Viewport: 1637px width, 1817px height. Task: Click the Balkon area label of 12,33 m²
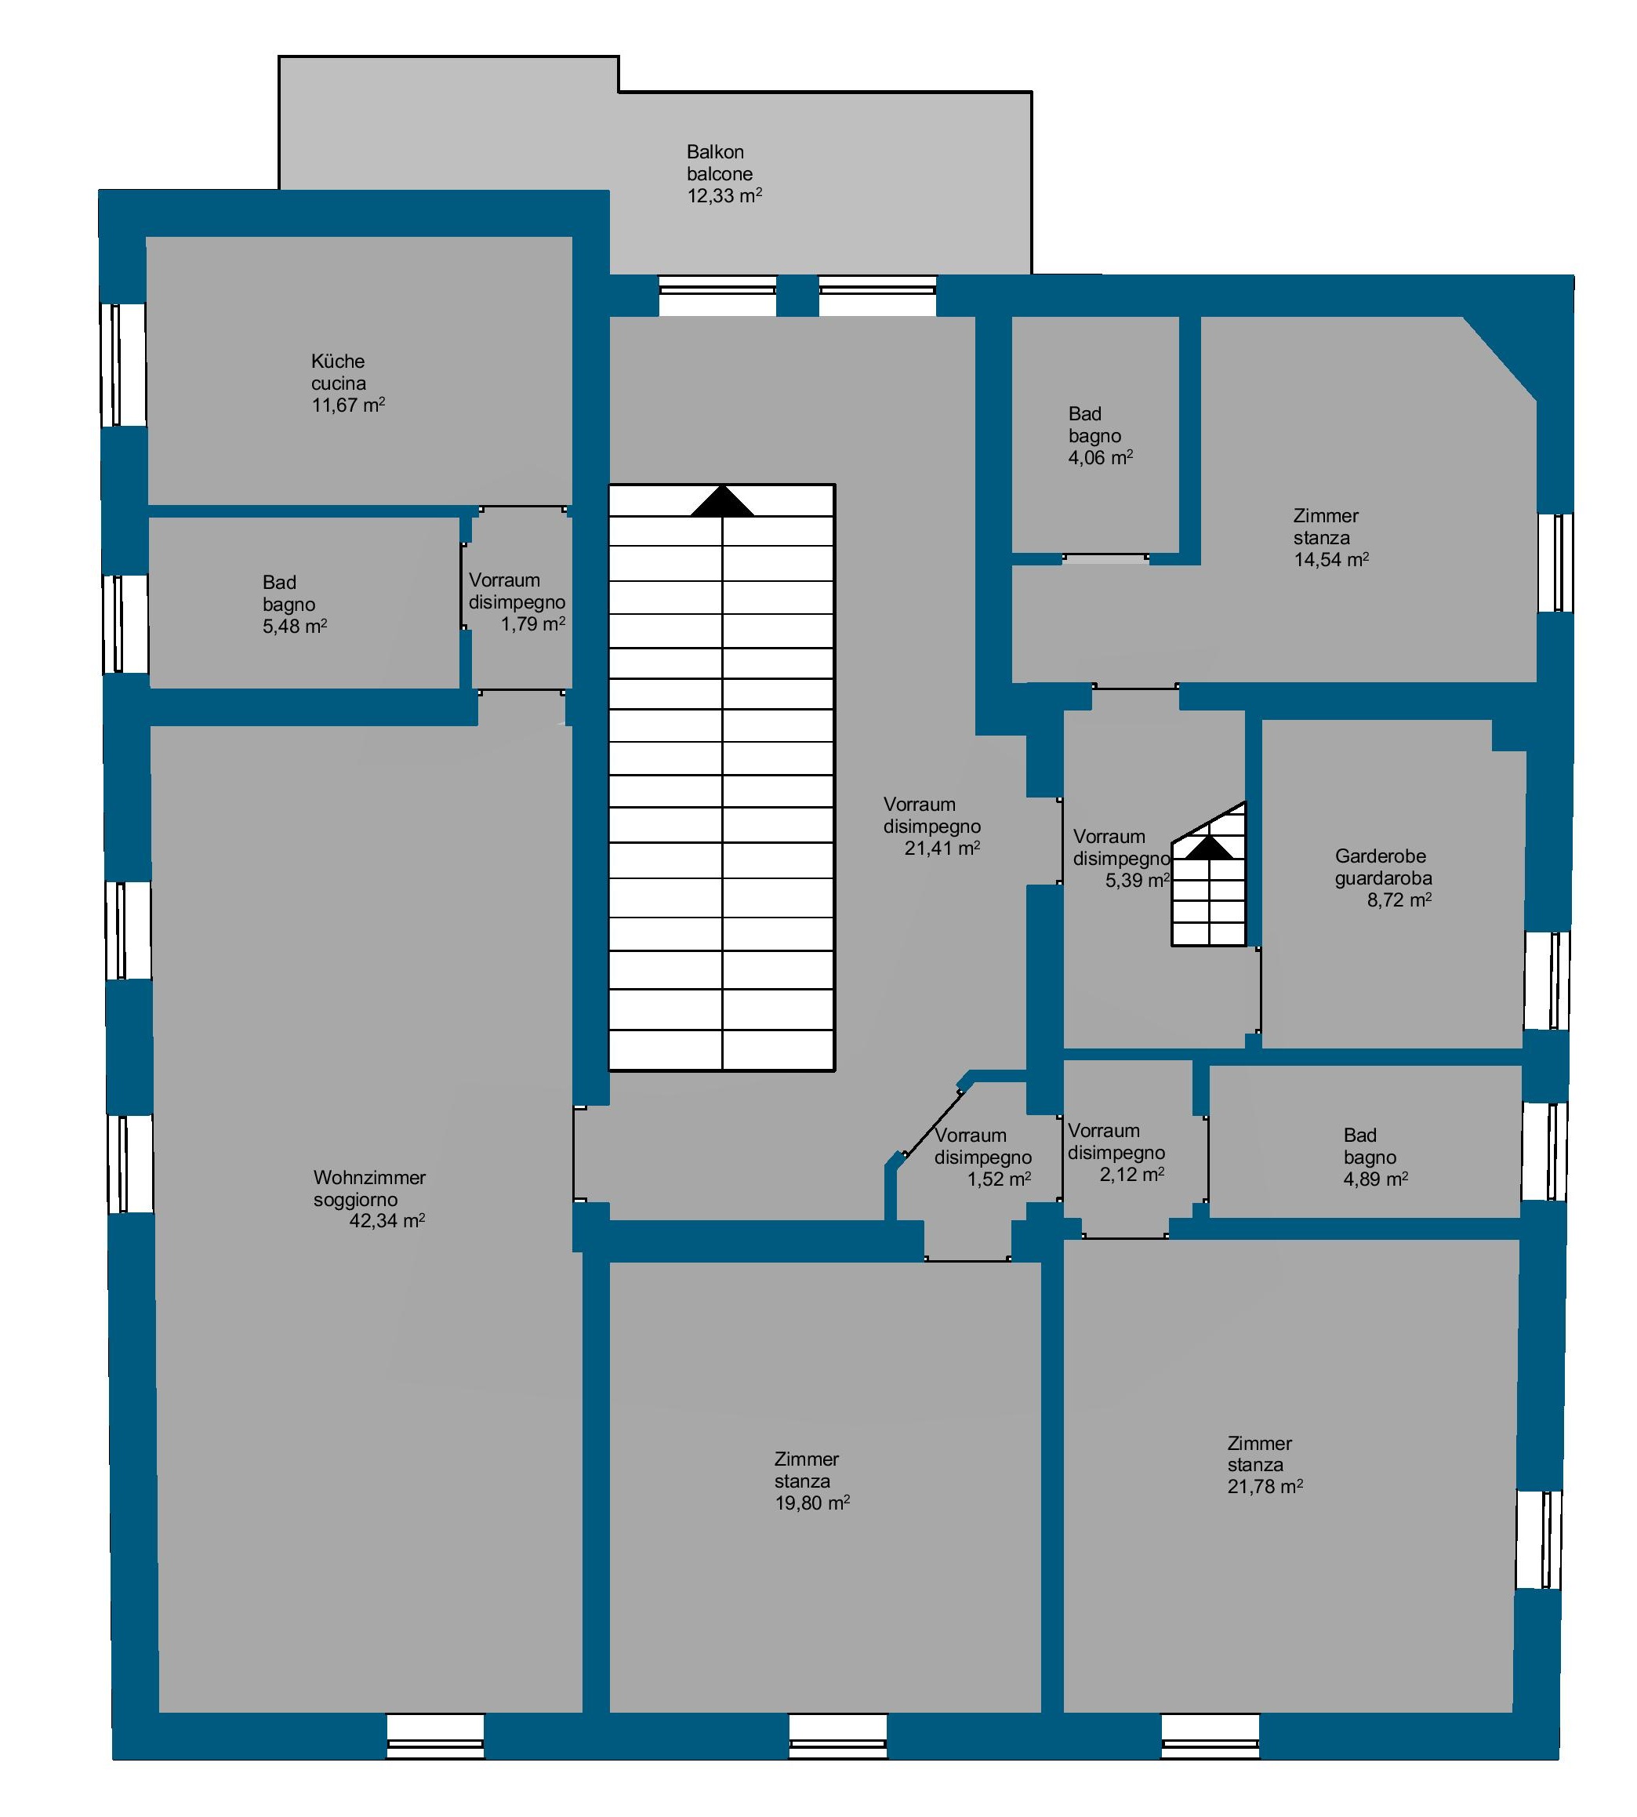click(725, 195)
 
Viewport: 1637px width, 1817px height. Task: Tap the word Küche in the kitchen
click(338, 361)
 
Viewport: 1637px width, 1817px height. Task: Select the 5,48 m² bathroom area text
click(295, 626)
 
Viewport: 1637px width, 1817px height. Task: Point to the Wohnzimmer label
click(370, 1176)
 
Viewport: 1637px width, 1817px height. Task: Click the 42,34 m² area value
click(387, 1221)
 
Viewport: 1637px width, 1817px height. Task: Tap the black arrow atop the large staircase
click(722, 501)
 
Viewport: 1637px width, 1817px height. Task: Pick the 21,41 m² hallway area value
click(942, 848)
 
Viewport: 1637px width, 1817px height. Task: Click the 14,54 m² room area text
click(1331, 559)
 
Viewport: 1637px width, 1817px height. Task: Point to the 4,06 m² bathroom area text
click(1101, 457)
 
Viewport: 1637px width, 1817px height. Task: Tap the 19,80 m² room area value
click(812, 1503)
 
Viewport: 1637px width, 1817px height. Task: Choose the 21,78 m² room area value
click(1265, 1486)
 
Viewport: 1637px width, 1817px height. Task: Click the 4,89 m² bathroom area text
click(1376, 1179)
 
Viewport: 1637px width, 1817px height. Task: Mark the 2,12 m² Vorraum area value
click(1132, 1174)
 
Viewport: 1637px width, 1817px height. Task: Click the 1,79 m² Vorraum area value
click(533, 623)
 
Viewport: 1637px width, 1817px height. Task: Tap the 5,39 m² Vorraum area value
click(1138, 880)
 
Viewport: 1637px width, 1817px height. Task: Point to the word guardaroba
click(1383, 878)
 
